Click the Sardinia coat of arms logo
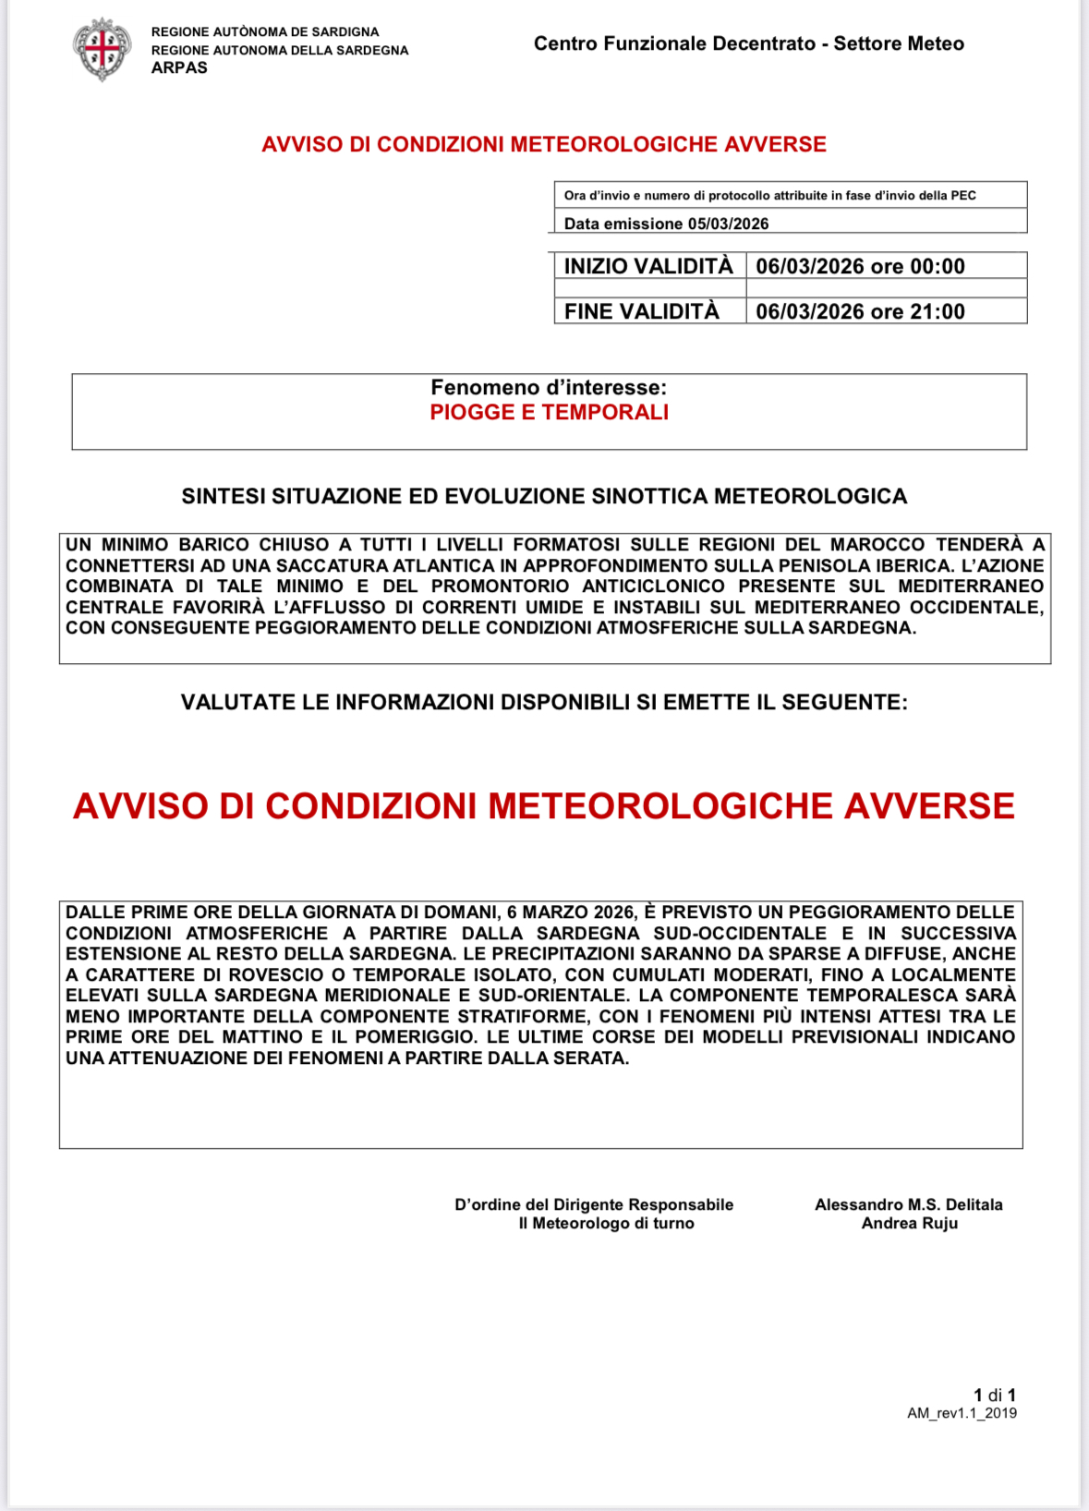coord(102,49)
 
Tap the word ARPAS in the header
coord(179,68)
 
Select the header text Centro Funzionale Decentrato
coord(674,43)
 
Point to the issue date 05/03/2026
coord(728,224)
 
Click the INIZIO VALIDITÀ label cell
coord(648,266)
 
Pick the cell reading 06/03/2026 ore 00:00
coord(860,266)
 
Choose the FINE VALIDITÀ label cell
coord(642,311)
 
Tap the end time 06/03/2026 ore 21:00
coord(860,311)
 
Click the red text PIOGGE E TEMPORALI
coord(549,412)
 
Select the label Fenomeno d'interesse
coord(549,388)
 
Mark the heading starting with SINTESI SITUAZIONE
coord(544,497)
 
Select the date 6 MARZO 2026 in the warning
coord(571,913)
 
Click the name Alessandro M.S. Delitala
coord(908,1204)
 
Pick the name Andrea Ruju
coord(910,1223)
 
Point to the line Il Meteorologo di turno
coord(606,1223)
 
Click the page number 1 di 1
coord(995,1395)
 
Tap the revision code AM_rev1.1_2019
coord(962,1413)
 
